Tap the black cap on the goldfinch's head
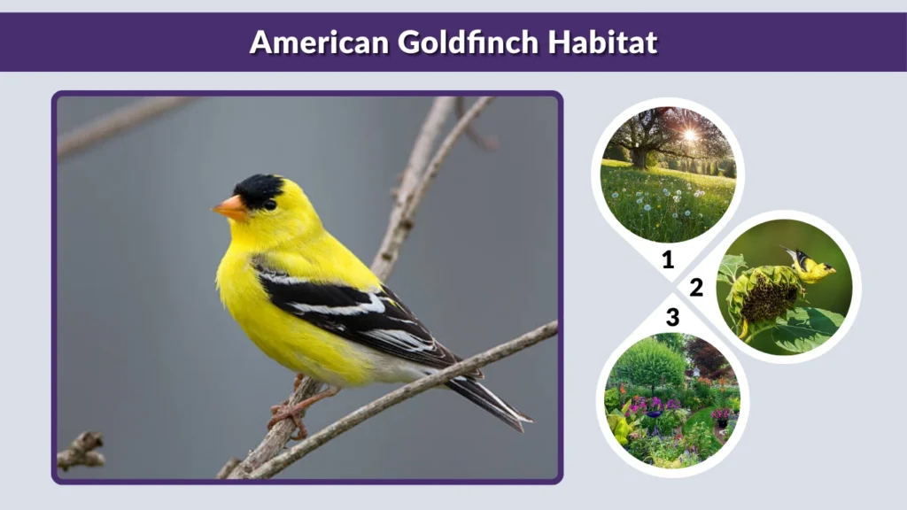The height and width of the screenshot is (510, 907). (x=260, y=188)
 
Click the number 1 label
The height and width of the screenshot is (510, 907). (x=668, y=259)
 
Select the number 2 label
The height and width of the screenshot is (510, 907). (x=696, y=287)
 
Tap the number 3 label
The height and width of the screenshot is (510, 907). (x=672, y=316)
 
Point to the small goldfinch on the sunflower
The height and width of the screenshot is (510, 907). (x=810, y=266)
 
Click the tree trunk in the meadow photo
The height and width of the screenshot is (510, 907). (x=640, y=155)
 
